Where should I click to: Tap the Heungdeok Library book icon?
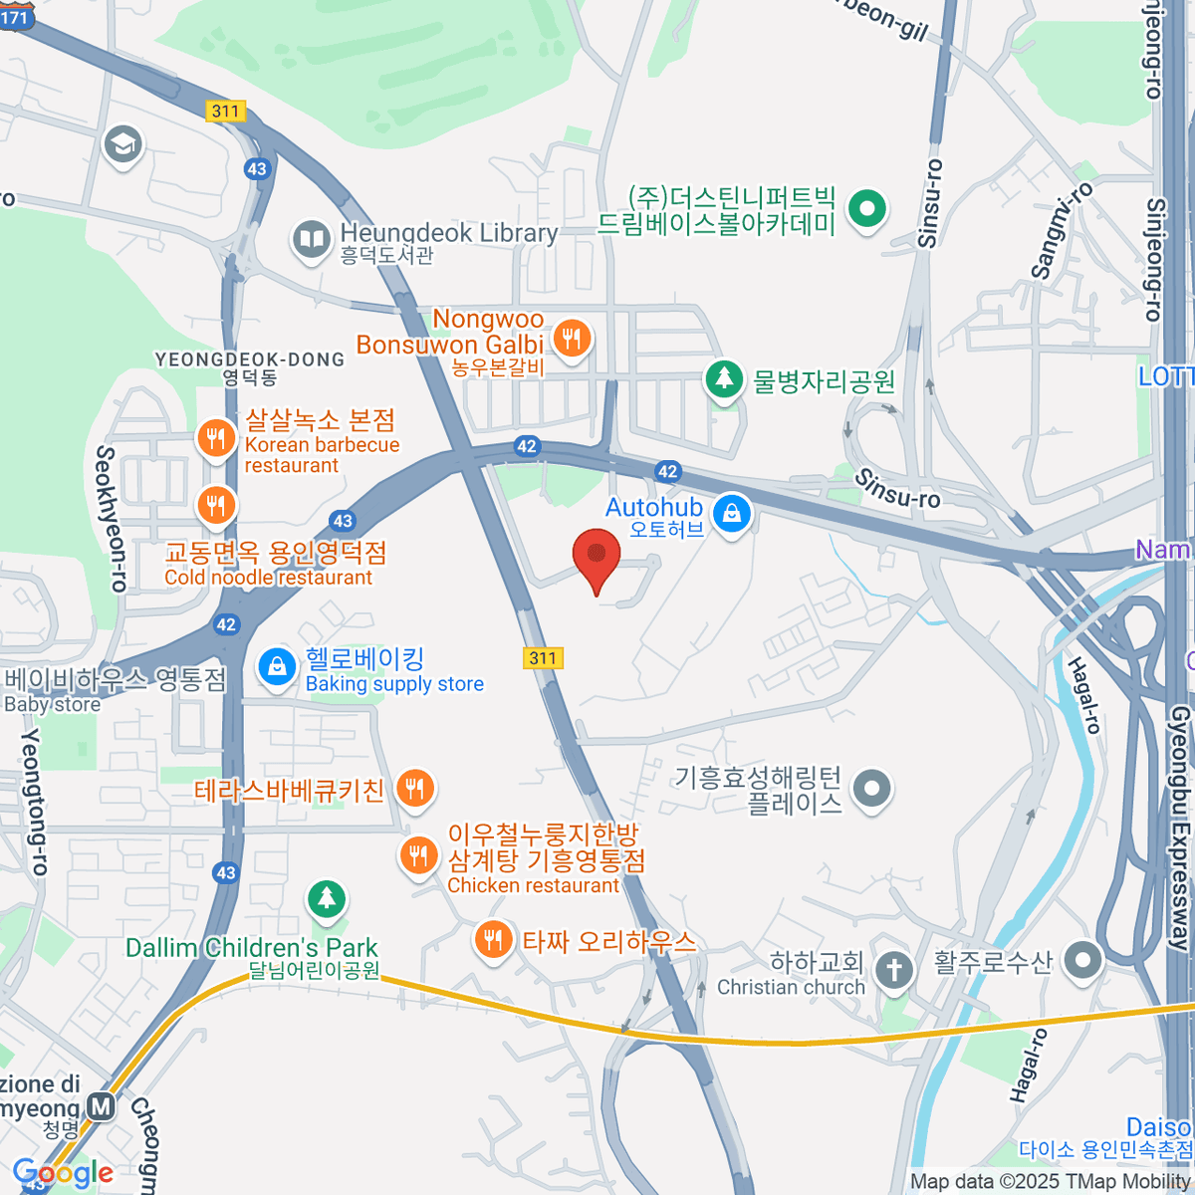coord(311,239)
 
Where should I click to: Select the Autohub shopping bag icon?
coord(732,515)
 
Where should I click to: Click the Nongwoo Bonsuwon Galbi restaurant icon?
coord(571,340)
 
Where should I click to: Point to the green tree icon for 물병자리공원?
coord(724,379)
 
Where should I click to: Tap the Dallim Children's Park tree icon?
coord(326,900)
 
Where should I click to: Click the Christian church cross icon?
coord(893,969)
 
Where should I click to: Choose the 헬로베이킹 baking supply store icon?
coord(277,667)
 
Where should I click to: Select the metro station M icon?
coord(100,1106)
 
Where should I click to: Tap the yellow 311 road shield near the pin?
coord(542,657)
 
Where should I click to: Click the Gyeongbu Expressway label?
coord(1180,827)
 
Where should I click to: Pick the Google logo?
coord(62,1173)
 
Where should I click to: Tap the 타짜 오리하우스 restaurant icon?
coord(492,939)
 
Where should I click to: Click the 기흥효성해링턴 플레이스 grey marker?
coord(872,788)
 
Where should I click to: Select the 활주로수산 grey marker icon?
coord(1082,961)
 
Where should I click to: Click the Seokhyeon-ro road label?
coord(109,518)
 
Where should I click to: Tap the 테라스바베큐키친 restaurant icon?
coord(414,790)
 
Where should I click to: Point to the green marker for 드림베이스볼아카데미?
coord(866,210)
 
